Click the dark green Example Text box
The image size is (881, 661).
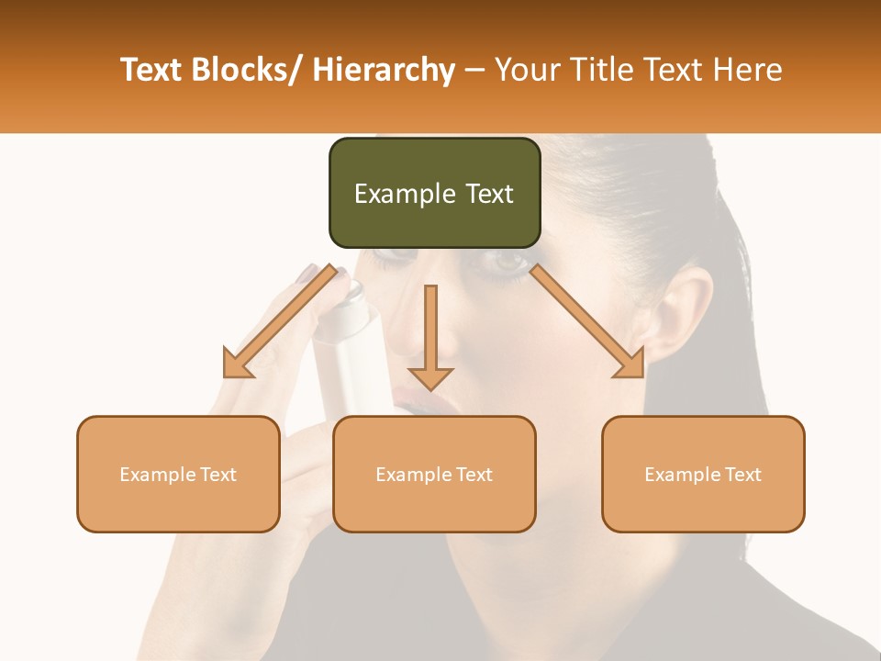tap(434, 194)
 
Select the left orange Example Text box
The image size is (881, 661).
tap(178, 475)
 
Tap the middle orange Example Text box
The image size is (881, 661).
tap(434, 475)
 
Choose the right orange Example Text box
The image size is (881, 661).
tap(703, 475)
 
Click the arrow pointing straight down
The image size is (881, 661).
tap(430, 340)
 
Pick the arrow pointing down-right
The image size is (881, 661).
tap(587, 321)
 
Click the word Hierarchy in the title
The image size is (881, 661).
tap(383, 70)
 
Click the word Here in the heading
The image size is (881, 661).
tap(747, 70)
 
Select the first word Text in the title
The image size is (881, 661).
tap(152, 70)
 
